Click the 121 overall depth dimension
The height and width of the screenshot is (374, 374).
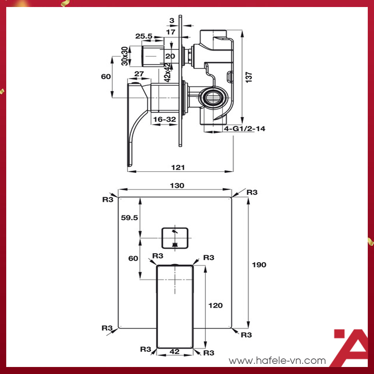click(x=178, y=167)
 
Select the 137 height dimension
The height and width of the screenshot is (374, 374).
click(x=249, y=77)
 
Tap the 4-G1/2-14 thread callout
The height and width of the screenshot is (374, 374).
click(x=244, y=129)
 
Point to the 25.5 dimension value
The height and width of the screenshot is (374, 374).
click(x=144, y=36)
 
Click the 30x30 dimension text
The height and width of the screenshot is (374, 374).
click(x=124, y=56)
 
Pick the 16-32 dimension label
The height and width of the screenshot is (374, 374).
click(x=164, y=120)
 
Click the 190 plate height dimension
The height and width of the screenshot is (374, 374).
click(x=259, y=265)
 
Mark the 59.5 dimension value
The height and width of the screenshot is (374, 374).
click(x=130, y=218)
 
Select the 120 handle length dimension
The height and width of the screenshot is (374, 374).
click(x=215, y=305)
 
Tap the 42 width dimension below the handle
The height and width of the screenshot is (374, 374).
click(x=175, y=352)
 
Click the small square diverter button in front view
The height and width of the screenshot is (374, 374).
click(x=175, y=237)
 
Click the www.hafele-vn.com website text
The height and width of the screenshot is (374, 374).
click(x=277, y=361)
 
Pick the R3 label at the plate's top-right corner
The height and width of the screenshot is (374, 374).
click(x=252, y=192)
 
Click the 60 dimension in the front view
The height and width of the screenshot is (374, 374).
click(x=133, y=258)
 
